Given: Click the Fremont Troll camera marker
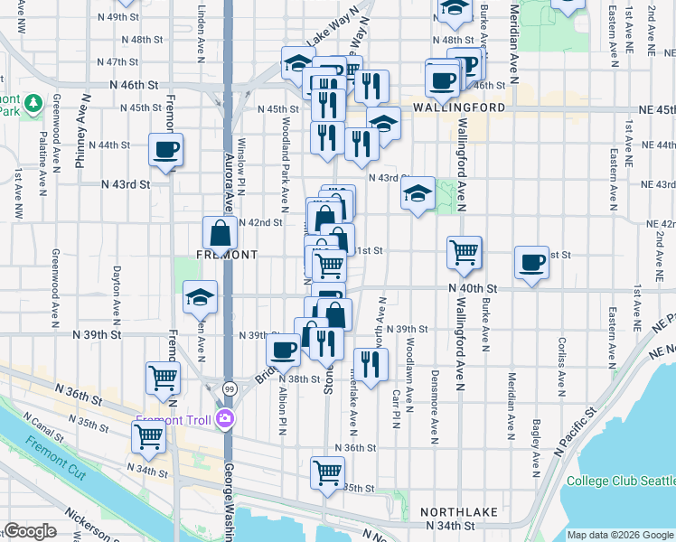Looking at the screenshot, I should pyautogui.click(x=225, y=419).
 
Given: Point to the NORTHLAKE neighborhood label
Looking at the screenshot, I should pyautogui.click(x=462, y=512).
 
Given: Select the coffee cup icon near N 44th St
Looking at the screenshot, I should pyautogui.click(x=165, y=150).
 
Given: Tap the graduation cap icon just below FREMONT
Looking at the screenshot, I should pyautogui.click(x=201, y=297).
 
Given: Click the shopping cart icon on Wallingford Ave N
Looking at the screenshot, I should pyautogui.click(x=464, y=253).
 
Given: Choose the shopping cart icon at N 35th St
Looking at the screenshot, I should pyautogui.click(x=327, y=472).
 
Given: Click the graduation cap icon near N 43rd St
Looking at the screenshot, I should pyautogui.click(x=418, y=193).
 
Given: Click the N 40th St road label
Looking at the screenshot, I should pyautogui.click(x=473, y=287).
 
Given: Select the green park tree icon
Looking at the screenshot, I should pyautogui.click(x=33, y=104).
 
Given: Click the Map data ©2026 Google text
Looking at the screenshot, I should pyautogui.click(x=620, y=535).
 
